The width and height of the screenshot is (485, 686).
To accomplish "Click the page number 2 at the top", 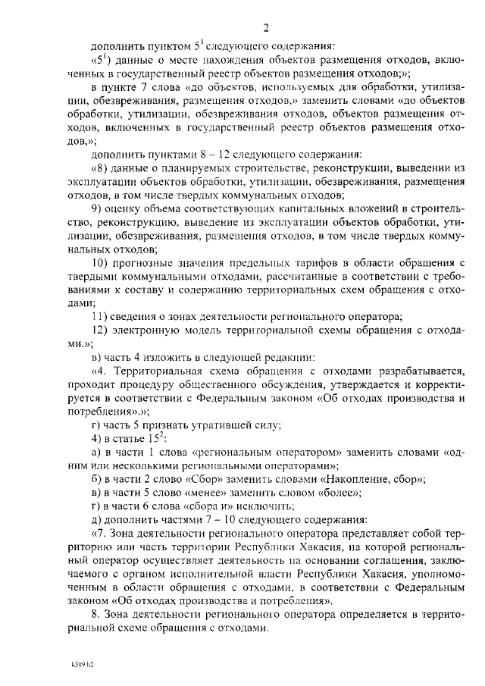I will pyautogui.click(x=265, y=29).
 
